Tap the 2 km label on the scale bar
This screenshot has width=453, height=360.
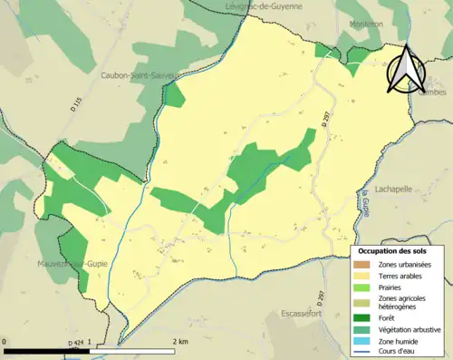[x=180, y=342]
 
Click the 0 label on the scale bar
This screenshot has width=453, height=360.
[x=5, y=342]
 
